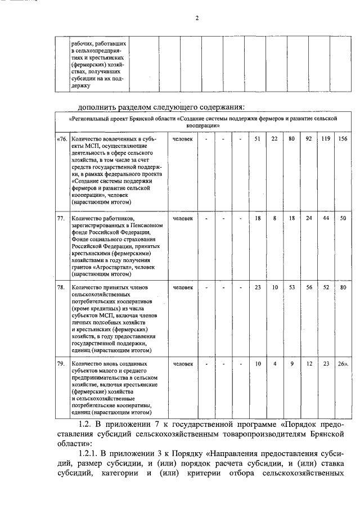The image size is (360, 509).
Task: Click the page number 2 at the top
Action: (x=197, y=17)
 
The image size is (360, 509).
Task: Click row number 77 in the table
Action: (x=61, y=217)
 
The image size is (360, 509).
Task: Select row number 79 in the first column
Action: (x=61, y=364)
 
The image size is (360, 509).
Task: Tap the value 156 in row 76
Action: (x=342, y=139)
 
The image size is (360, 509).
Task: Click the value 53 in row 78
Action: (x=291, y=287)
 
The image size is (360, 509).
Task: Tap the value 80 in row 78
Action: (x=342, y=287)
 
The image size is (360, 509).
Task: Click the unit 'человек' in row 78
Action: (x=182, y=287)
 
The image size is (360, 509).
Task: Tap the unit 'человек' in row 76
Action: (x=182, y=139)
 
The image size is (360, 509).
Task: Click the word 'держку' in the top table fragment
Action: (x=80, y=86)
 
